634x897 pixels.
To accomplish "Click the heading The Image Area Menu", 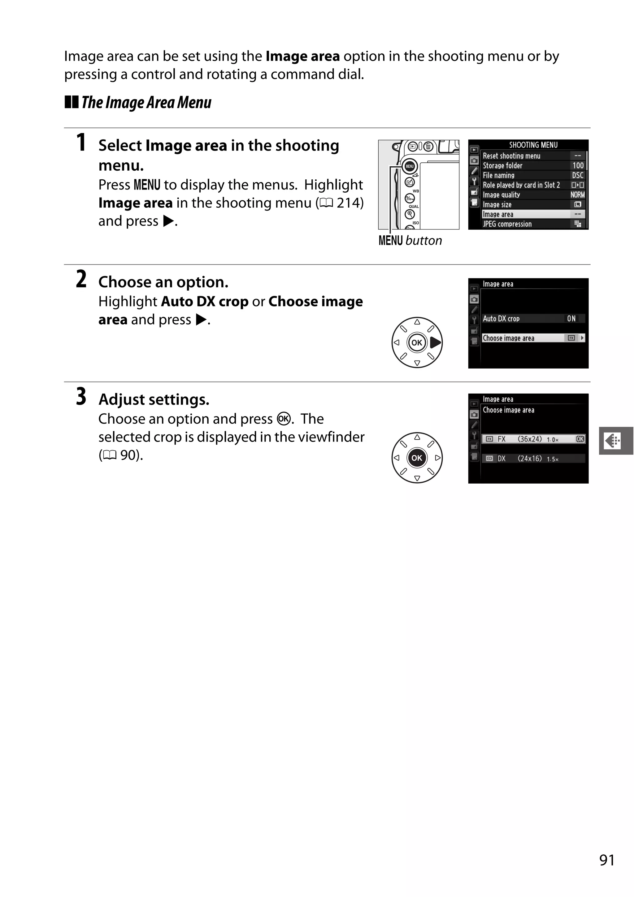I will point(146,102).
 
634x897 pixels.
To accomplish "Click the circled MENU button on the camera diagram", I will point(409,166).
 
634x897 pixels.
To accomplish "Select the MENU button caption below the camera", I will point(410,240).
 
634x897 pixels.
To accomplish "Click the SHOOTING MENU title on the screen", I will point(533,145).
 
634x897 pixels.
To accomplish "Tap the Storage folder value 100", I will point(578,165).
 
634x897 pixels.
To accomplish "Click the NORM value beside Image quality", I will point(577,194).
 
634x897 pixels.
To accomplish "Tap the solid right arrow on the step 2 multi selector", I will point(435,343).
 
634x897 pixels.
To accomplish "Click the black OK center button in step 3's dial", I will point(417,458).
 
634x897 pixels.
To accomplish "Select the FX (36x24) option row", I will point(533,439).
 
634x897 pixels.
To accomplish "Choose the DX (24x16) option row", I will point(533,458).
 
